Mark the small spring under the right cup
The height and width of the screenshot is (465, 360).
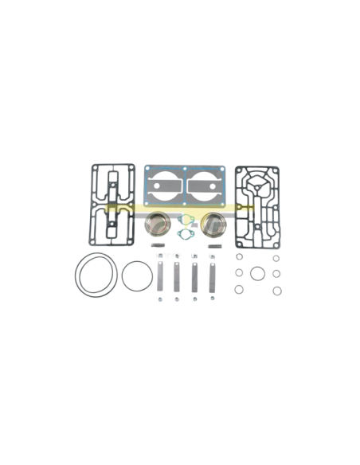[x=213, y=244]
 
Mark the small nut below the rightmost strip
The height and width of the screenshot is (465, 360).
[x=213, y=299]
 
